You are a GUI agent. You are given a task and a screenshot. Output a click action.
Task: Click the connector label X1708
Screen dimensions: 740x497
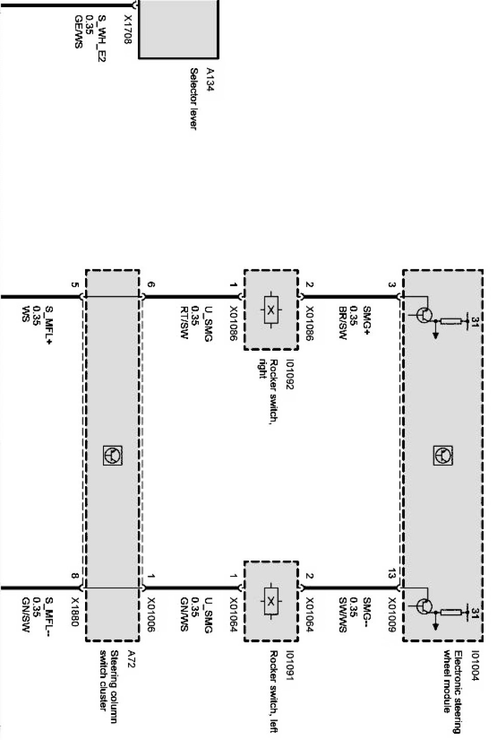[128, 29]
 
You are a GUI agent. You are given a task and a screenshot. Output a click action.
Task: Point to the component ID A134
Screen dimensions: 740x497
[209, 79]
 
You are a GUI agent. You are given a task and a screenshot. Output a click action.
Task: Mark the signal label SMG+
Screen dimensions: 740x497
[367, 317]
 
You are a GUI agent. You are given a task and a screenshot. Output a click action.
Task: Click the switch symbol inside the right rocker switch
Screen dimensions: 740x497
[271, 310]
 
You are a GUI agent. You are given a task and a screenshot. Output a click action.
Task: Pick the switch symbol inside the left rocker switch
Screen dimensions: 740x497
[271, 601]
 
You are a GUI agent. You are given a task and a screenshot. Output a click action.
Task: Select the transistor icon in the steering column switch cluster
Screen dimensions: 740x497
[112, 455]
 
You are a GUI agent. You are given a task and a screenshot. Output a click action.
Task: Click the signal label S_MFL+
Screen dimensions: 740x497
[49, 321]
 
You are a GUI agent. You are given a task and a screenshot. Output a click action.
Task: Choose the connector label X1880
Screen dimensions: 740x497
[75, 612]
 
